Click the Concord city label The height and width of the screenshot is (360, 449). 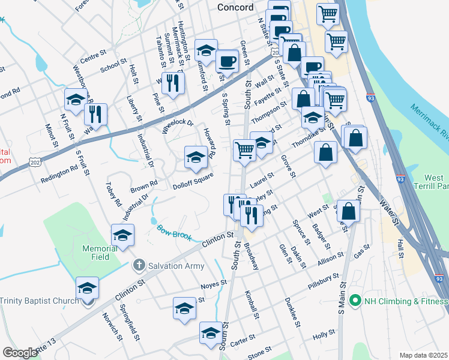(x=237, y=7)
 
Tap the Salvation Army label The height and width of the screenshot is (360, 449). (x=178, y=265)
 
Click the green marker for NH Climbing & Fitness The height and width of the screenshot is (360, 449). (x=355, y=300)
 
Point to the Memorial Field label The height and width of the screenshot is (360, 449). (x=100, y=253)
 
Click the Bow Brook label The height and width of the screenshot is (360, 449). (x=174, y=233)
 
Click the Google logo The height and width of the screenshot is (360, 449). (x=20, y=353)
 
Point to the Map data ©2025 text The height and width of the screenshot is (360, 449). (x=423, y=355)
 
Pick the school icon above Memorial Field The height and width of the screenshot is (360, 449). (x=123, y=235)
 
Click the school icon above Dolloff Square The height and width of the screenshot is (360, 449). (x=195, y=157)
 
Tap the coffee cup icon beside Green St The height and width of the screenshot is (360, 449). (x=227, y=61)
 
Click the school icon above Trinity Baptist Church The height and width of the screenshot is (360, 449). (x=87, y=289)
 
